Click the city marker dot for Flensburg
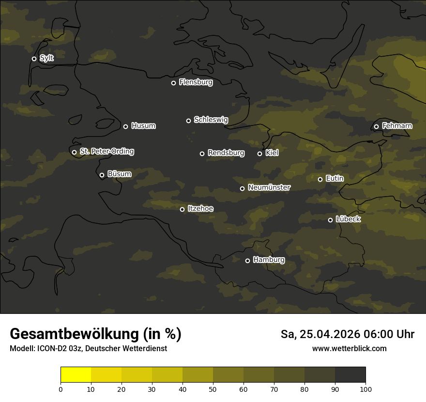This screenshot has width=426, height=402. (x=173, y=83)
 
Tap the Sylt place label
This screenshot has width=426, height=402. (x=46, y=58)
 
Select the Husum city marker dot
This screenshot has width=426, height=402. (x=125, y=126)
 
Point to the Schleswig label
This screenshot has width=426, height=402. (x=211, y=120)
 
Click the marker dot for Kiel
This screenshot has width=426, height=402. (x=259, y=154)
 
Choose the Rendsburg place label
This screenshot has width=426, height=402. (x=226, y=153)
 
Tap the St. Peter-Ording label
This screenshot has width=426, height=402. (x=106, y=152)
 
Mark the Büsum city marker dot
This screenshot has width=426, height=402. (x=102, y=175)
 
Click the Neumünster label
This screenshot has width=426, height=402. (x=269, y=187)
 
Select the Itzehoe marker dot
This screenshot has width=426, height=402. (x=182, y=209)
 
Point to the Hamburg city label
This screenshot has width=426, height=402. (x=269, y=260)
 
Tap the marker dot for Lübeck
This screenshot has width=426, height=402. (x=330, y=220)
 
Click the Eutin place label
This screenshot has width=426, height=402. (x=335, y=179)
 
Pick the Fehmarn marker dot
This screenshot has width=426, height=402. (x=376, y=127)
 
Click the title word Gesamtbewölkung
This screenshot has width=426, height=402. (x=74, y=334)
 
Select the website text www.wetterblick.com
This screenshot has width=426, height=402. (x=349, y=349)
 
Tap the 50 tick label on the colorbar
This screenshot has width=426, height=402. (x=213, y=389)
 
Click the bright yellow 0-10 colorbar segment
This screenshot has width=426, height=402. (x=76, y=375)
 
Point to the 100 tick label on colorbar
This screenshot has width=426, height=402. (x=365, y=389)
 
